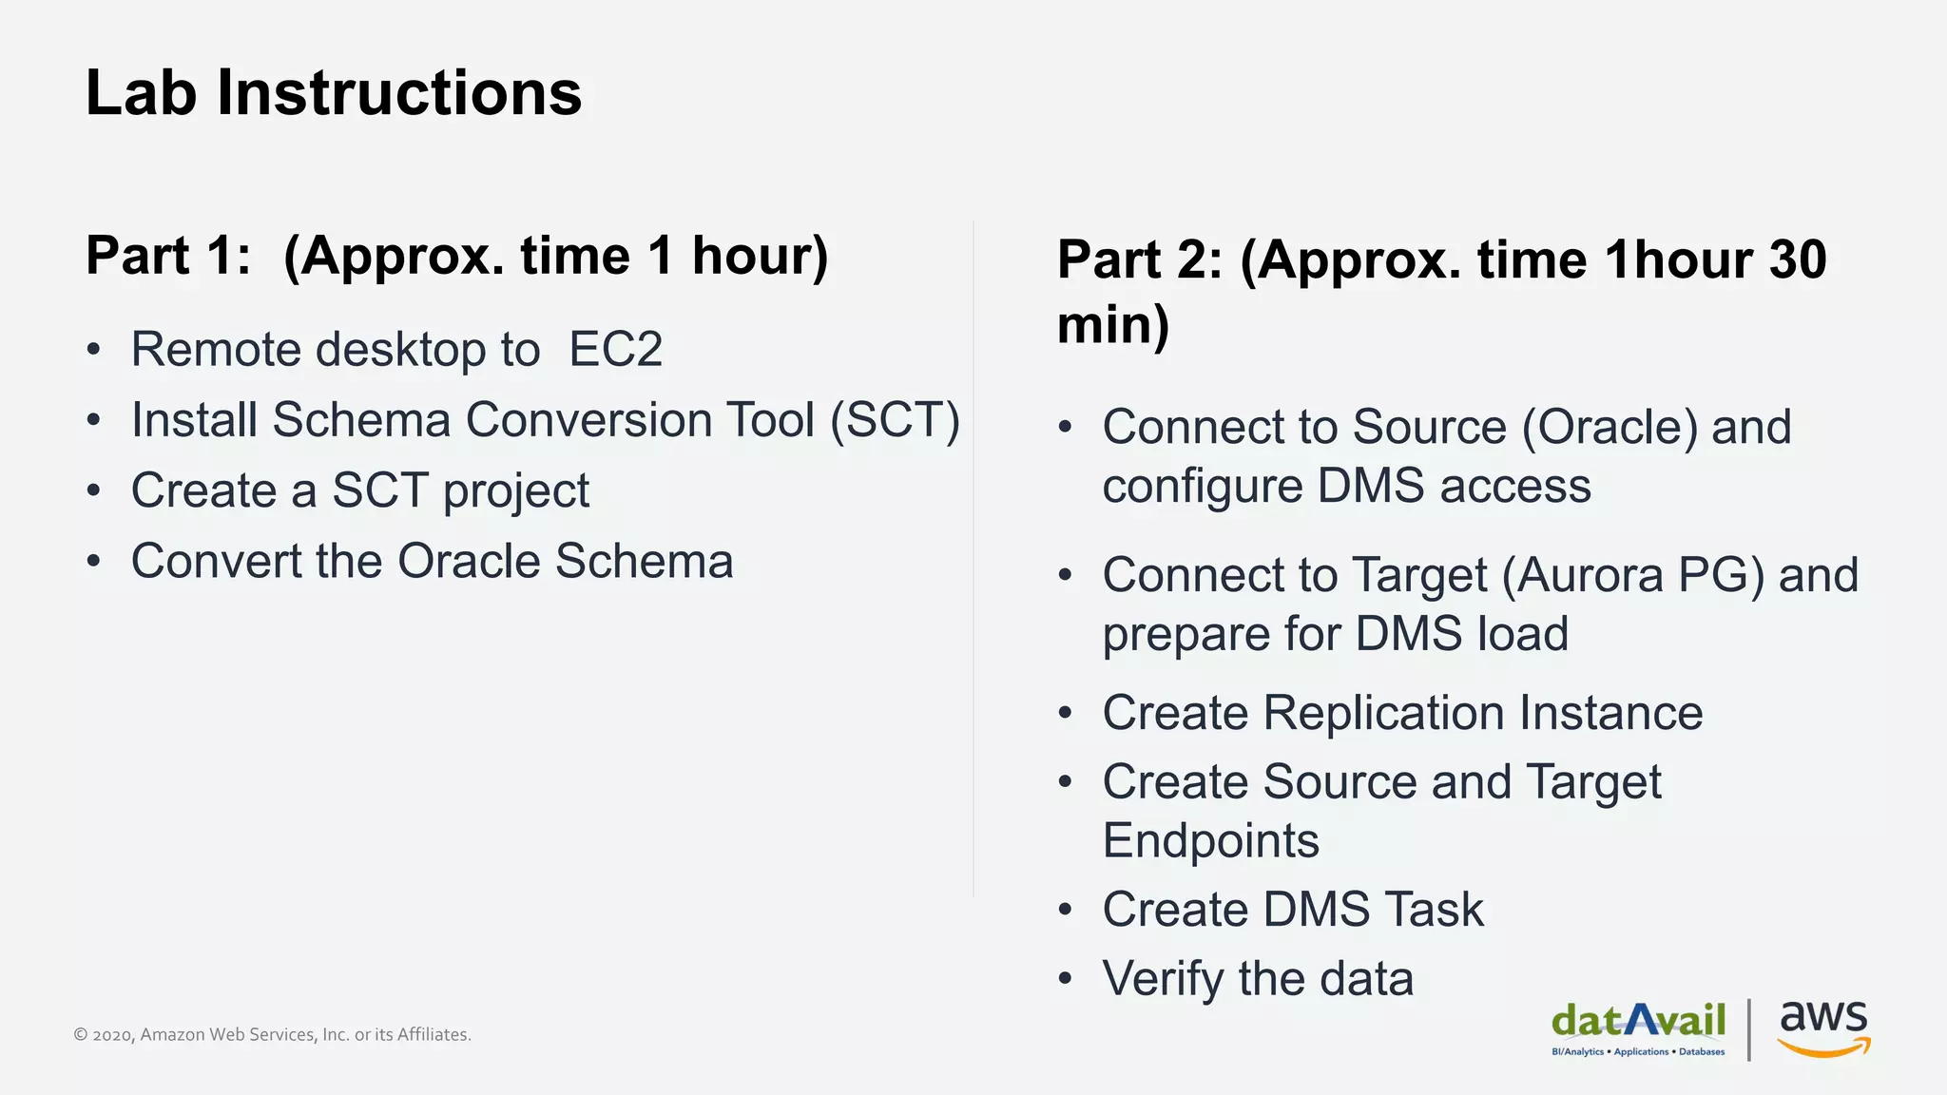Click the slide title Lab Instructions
[333, 93]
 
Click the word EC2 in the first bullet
[615, 350]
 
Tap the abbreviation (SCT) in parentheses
[895, 420]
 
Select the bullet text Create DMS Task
[1292, 910]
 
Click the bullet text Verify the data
[1257, 979]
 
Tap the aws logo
[1822, 1027]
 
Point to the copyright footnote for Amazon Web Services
[272, 1034]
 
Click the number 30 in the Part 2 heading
[1797, 259]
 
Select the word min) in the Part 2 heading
[1113, 325]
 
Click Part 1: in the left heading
[168, 256]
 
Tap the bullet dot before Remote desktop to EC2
[93, 350]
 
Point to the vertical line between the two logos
[1749, 1028]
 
